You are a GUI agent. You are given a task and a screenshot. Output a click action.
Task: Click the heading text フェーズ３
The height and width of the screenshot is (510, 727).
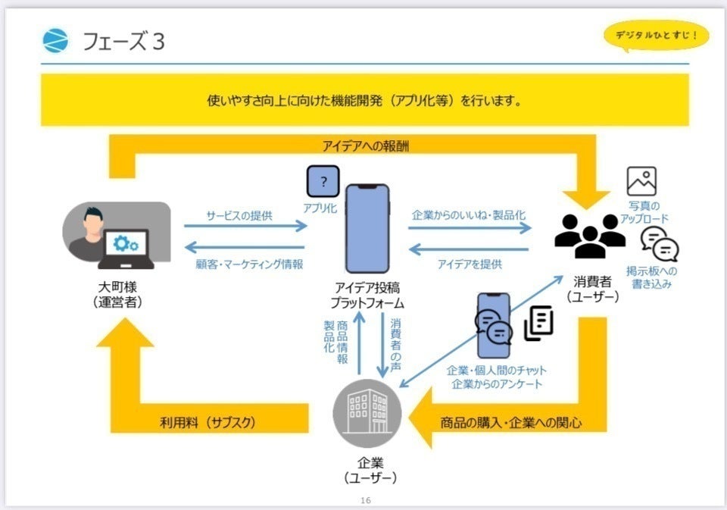tap(123, 42)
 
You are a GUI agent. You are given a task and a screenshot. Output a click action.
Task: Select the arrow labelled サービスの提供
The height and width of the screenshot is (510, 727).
tap(245, 226)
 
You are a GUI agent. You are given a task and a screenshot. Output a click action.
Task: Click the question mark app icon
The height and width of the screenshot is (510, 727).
tap(323, 182)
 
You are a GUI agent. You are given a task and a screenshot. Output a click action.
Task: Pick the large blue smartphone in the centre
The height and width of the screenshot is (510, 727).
tap(367, 229)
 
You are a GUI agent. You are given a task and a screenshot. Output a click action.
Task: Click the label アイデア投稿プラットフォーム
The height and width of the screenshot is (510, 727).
tap(367, 295)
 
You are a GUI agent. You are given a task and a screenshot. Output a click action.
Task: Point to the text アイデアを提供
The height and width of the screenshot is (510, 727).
tap(470, 264)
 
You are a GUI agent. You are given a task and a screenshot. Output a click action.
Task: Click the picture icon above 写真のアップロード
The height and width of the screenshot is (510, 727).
tap(641, 181)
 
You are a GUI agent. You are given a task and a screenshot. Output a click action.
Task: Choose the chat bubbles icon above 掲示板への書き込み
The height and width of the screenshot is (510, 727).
tap(659, 244)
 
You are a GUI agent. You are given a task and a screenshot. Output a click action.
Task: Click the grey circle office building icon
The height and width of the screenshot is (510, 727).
tap(367, 414)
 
